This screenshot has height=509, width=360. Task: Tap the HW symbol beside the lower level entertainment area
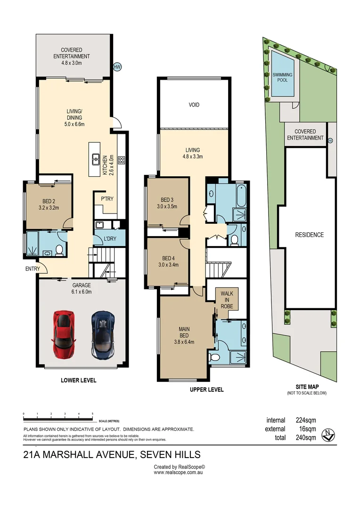pyautogui.click(x=117, y=67)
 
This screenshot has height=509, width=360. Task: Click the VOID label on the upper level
pyautogui.click(x=194, y=105)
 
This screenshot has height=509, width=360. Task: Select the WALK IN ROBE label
pyautogui.click(x=227, y=299)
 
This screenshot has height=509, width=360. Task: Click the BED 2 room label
pyautogui.click(x=48, y=204)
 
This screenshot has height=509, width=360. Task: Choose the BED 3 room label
pyautogui.click(x=168, y=203)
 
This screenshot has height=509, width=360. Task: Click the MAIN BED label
pyautogui.click(x=184, y=332)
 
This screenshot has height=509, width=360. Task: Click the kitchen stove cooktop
pyautogui.click(x=122, y=160)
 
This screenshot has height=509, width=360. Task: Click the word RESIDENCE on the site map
pyautogui.click(x=309, y=235)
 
